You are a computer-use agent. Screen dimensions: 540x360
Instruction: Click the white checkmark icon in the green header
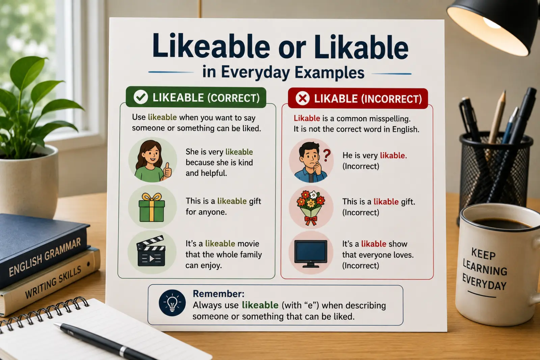(x=141, y=97)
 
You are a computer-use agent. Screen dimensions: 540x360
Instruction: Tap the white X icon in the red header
(x=302, y=98)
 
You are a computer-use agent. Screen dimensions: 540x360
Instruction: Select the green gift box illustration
(x=152, y=207)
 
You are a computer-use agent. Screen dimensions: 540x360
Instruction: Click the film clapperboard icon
(x=151, y=251)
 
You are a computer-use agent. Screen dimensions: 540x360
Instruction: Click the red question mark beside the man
(x=327, y=156)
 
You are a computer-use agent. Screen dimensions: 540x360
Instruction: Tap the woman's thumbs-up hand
(x=167, y=171)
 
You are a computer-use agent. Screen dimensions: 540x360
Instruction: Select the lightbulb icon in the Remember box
(x=172, y=303)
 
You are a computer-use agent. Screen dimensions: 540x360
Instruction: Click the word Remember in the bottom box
(x=218, y=294)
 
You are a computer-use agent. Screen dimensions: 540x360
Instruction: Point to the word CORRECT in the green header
(x=233, y=98)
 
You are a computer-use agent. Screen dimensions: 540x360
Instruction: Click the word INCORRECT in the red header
(x=391, y=99)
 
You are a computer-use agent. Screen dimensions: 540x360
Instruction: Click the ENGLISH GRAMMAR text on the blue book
(x=45, y=257)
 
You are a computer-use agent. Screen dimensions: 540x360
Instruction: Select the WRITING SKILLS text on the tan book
(x=53, y=282)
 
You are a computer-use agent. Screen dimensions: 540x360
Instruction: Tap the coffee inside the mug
(x=502, y=224)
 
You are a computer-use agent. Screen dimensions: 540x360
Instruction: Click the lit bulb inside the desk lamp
(x=492, y=23)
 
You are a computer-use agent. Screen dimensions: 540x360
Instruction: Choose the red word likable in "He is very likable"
(x=393, y=156)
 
